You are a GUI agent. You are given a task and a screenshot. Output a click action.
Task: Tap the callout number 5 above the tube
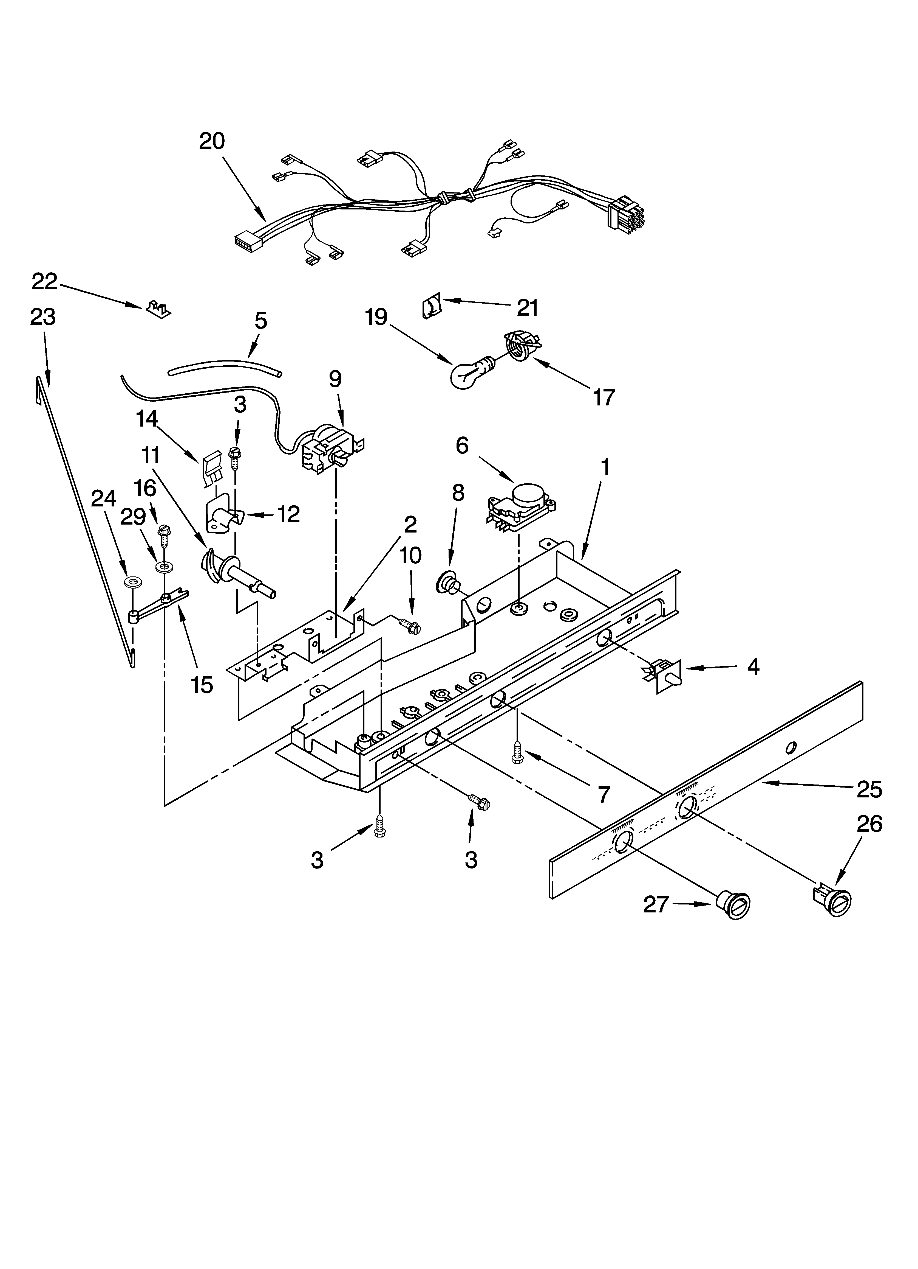260,321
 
